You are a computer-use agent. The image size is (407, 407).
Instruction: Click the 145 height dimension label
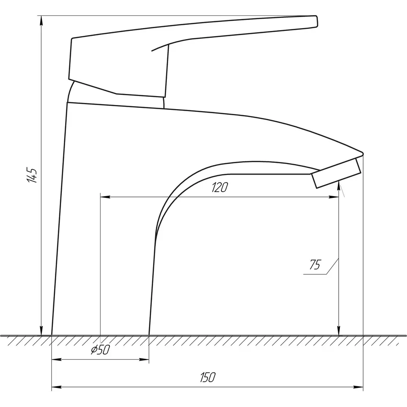coord(33,175)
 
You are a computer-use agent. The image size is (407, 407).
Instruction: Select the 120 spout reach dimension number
coord(220,187)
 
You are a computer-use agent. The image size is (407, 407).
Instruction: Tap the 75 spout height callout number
coord(315,265)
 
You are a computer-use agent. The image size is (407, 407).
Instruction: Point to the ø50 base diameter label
coord(101,350)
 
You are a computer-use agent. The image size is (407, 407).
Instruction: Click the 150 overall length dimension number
coord(208,377)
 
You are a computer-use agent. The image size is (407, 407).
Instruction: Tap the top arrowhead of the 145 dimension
coord(41,21)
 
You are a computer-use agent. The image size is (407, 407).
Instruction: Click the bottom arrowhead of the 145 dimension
coord(41,330)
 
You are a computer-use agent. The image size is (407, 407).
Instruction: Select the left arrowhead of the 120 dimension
coord(105,197)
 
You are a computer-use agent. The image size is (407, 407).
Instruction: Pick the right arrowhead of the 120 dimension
coord(334,197)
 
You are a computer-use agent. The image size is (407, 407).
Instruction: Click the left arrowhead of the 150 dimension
coord(57,387)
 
